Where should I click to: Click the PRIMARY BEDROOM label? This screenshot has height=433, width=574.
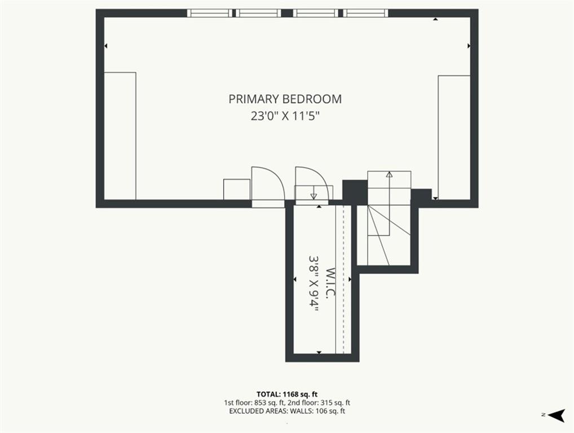pyautogui.click(x=285, y=99)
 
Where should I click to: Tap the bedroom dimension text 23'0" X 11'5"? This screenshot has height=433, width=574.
pyautogui.click(x=285, y=116)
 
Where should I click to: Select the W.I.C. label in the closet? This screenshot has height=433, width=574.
pyautogui.click(x=330, y=283)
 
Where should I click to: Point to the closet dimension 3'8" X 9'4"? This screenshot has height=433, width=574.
pyautogui.click(x=314, y=283)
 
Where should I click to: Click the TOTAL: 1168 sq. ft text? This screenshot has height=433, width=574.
pyautogui.click(x=287, y=394)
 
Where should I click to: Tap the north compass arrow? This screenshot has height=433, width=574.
pyautogui.click(x=557, y=415)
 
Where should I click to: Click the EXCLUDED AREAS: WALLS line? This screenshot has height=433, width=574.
pyautogui.click(x=287, y=411)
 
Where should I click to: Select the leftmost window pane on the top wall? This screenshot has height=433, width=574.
pyautogui.click(x=210, y=13)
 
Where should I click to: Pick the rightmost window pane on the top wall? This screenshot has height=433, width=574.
pyautogui.click(x=366, y=13)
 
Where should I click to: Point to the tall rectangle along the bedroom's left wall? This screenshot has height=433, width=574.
pyautogui.click(x=120, y=136)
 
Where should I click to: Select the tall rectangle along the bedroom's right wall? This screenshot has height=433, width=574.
pyautogui.click(x=454, y=138)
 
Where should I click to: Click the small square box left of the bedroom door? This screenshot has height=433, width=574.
pyautogui.click(x=237, y=189)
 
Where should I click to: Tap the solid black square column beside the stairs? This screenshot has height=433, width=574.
pyautogui.click(x=355, y=192)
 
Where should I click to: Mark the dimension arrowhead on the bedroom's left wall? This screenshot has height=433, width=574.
pyautogui.click(x=106, y=46)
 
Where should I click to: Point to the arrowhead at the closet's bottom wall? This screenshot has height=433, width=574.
pyautogui.click(x=319, y=352)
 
